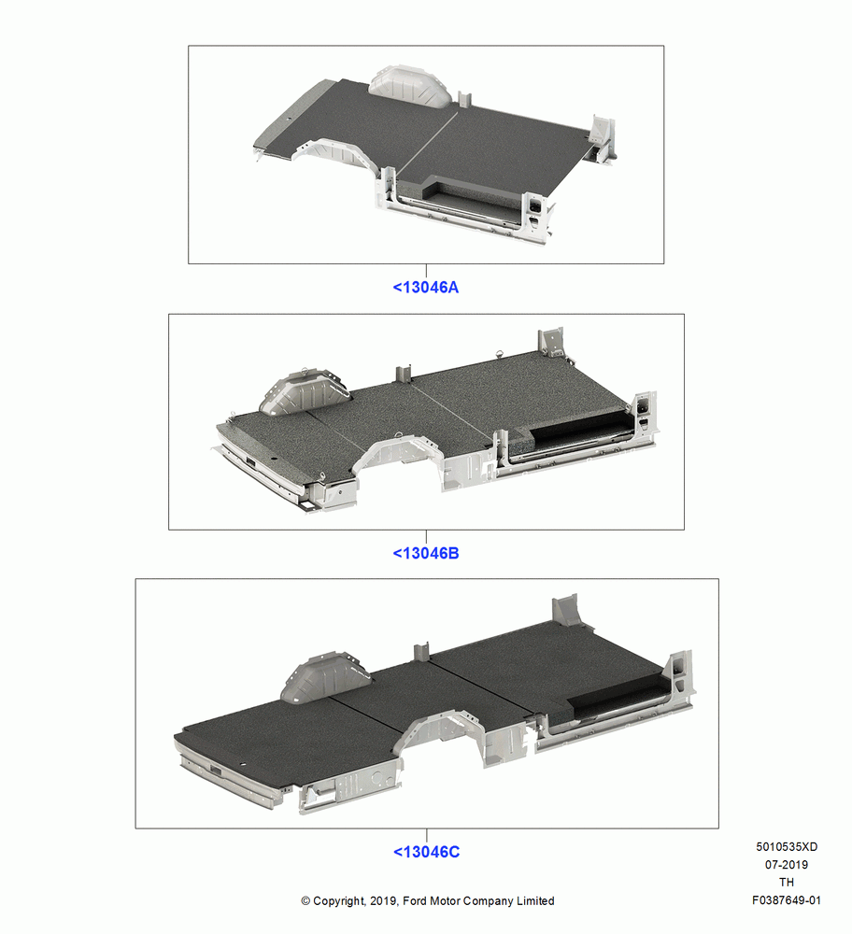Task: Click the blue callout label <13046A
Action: pyautogui.click(x=425, y=287)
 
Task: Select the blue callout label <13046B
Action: pyautogui.click(x=425, y=553)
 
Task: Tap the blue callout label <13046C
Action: pyautogui.click(x=426, y=852)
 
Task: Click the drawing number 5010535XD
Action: pyautogui.click(x=787, y=846)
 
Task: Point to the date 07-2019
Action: pyautogui.click(x=787, y=864)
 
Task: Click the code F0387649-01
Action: pyautogui.click(x=787, y=900)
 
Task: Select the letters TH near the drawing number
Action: pyautogui.click(x=787, y=883)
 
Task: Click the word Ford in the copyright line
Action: pyautogui.click(x=415, y=900)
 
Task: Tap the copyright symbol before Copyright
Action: pyautogui.click(x=305, y=901)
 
